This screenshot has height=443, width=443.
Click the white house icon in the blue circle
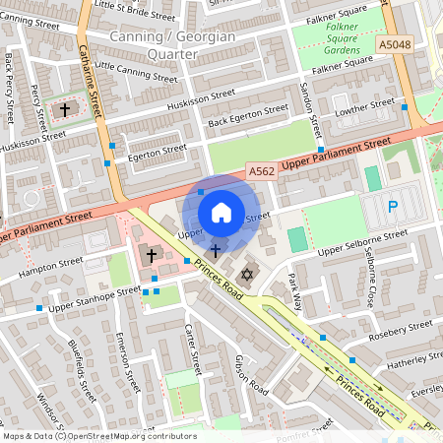(x=221, y=213)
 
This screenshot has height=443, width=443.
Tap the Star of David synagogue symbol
(x=247, y=273)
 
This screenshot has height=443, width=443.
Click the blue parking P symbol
(x=393, y=207)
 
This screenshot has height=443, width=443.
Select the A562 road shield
(x=261, y=171)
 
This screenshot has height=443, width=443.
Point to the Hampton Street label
(x=44, y=266)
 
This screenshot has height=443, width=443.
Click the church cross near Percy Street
(x=67, y=109)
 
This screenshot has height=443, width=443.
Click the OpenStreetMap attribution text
(x=98, y=435)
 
